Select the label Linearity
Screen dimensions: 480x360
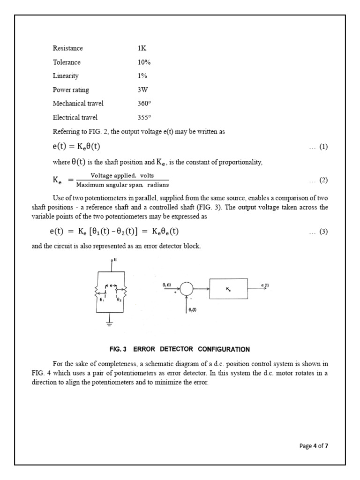[x=66, y=76]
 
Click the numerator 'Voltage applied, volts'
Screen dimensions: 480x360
[x=122, y=176]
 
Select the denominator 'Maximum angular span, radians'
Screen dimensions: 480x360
[x=122, y=185]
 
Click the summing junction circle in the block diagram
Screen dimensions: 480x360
[x=187, y=289]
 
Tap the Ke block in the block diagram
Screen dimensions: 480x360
[x=228, y=290]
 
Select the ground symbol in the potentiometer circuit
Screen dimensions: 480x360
[x=111, y=322]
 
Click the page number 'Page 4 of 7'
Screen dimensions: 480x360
[x=314, y=446]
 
